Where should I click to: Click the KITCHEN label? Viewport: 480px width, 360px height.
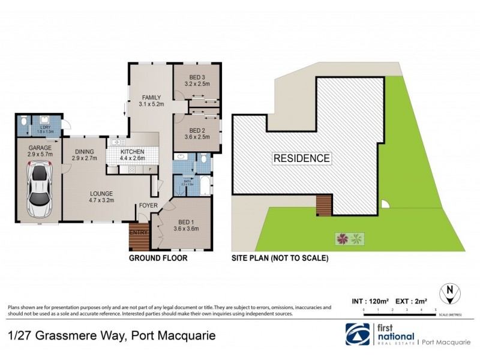(x=133, y=152)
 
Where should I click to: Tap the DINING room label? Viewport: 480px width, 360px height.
(x=80, y=152)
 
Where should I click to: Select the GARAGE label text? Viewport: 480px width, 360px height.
(x=40, y=147)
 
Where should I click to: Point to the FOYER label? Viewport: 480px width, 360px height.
(x=148, y=205)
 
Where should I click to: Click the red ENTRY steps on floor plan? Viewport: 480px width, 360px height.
(x=137, y=237)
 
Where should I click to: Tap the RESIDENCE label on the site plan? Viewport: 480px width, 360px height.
(x=302, y=158)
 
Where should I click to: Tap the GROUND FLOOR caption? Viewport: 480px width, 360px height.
(x=158, y=258)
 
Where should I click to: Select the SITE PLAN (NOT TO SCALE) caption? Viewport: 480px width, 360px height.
(x=280, y=258)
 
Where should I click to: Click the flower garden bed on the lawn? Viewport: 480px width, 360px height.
(x=350, y=239)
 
